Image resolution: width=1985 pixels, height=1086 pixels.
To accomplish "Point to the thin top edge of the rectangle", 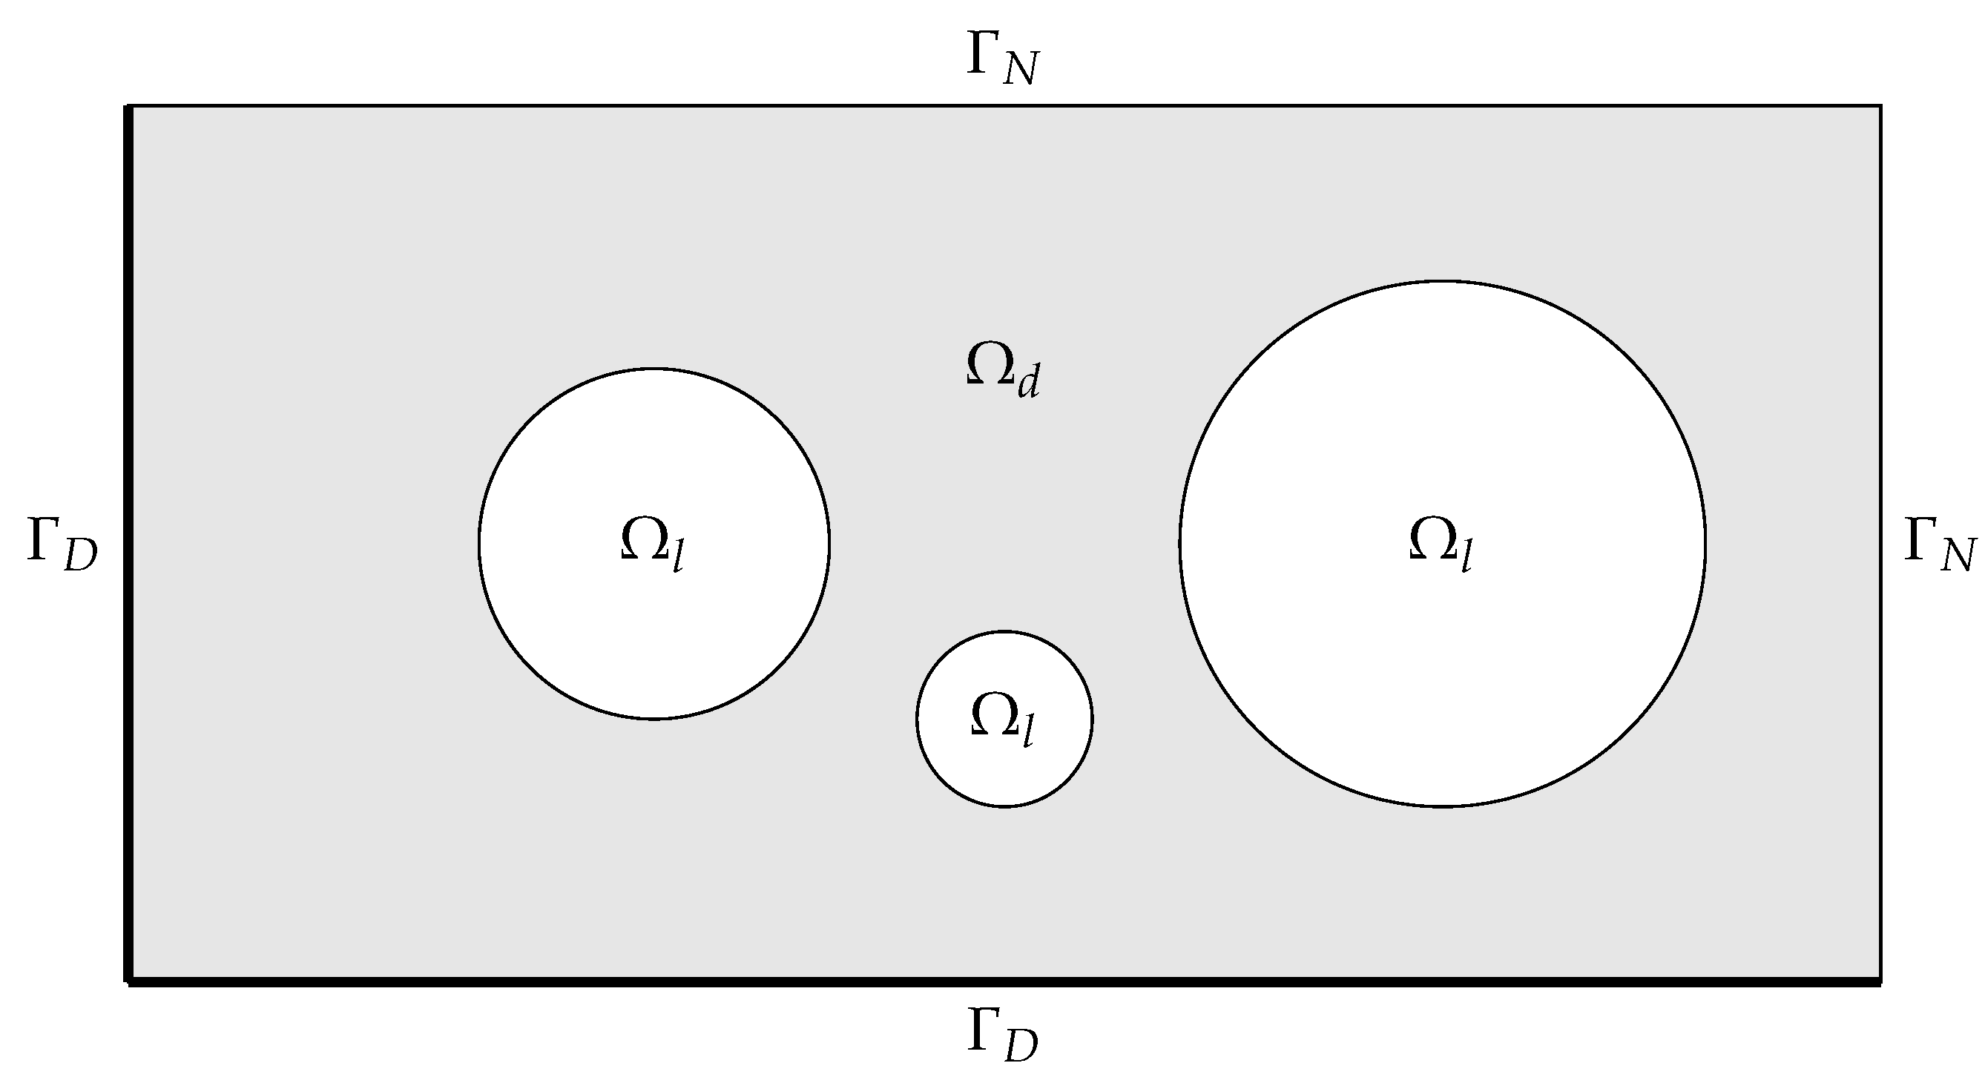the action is pyautogui.click(x=1001, y=105).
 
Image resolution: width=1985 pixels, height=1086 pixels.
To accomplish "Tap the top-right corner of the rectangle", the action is pyautogui.click(x=1880, y=106).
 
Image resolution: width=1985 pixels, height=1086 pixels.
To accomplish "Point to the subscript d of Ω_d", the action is pyautogui.click(x=1029, y=381).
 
